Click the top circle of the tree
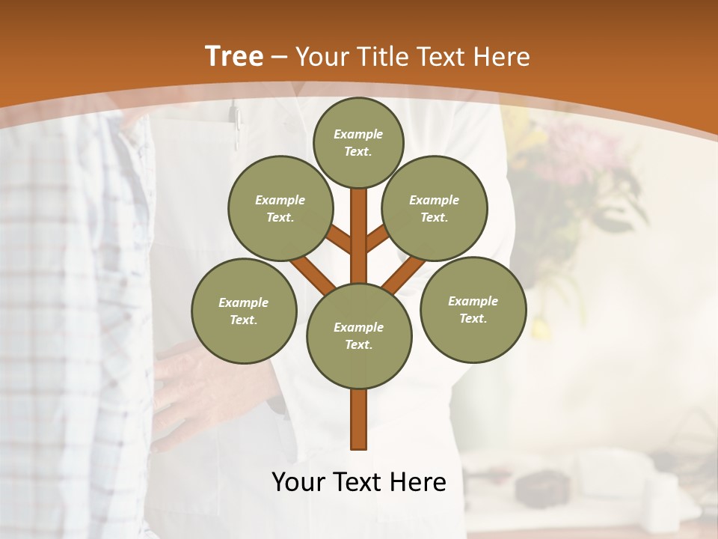(x=358, y=142)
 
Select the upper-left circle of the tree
(x=280, y=208)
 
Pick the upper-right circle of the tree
(x=435, y=208)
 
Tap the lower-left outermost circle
(x=244, y=311)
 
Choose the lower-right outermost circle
(x=473, y=309)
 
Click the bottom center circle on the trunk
(x=359, y=335)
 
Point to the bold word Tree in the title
(x=234, y=56)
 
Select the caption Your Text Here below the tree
(x=359, y=482)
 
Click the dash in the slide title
(x=280, y=57)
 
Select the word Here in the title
(x=503, y=57)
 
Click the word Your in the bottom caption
(x=297, y=482)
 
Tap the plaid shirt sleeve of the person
(x=67, y=299)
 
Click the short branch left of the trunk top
(x=339, y=240)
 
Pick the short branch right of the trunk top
(x=378, y=238)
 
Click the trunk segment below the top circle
(x=359, y=225)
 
